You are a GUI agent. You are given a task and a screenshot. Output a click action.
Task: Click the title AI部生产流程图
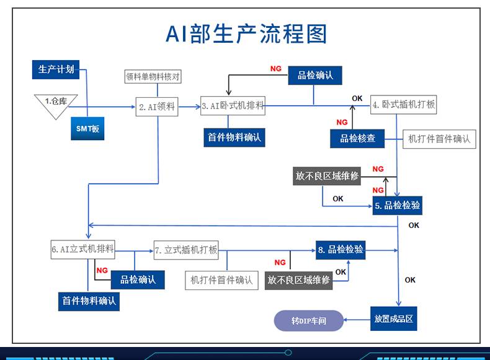click(246, 35)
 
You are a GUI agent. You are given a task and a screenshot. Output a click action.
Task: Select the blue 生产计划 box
click(56, 69)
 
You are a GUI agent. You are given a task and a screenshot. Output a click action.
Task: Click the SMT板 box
click(87, 128)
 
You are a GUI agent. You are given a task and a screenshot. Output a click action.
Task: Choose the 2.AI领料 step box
click(156, 107)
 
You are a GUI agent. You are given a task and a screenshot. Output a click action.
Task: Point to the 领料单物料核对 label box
click(153, 77)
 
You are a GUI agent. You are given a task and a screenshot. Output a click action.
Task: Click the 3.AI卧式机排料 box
click(233, 106)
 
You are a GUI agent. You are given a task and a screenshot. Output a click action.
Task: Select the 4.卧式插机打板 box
click(403, 105)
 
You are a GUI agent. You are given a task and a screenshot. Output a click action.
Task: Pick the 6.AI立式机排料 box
click(83, 250)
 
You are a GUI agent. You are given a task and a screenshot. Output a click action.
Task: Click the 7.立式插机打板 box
click(186, 250)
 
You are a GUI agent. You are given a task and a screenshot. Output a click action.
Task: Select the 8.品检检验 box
click(340, 250)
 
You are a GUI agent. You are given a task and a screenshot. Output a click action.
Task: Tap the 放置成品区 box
click(393, 320)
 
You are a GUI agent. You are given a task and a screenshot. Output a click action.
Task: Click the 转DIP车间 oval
click(308, 321)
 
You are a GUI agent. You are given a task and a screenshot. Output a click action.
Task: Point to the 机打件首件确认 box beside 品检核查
click(439, 139)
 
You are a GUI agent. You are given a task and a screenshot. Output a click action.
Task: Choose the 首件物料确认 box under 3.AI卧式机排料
click(235, 137)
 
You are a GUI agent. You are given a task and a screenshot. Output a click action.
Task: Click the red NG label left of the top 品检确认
click(275, 69)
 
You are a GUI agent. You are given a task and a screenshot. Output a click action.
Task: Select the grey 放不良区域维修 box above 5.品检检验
click(327, 176)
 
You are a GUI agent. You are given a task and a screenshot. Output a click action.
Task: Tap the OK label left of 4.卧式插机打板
click(357, 99)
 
